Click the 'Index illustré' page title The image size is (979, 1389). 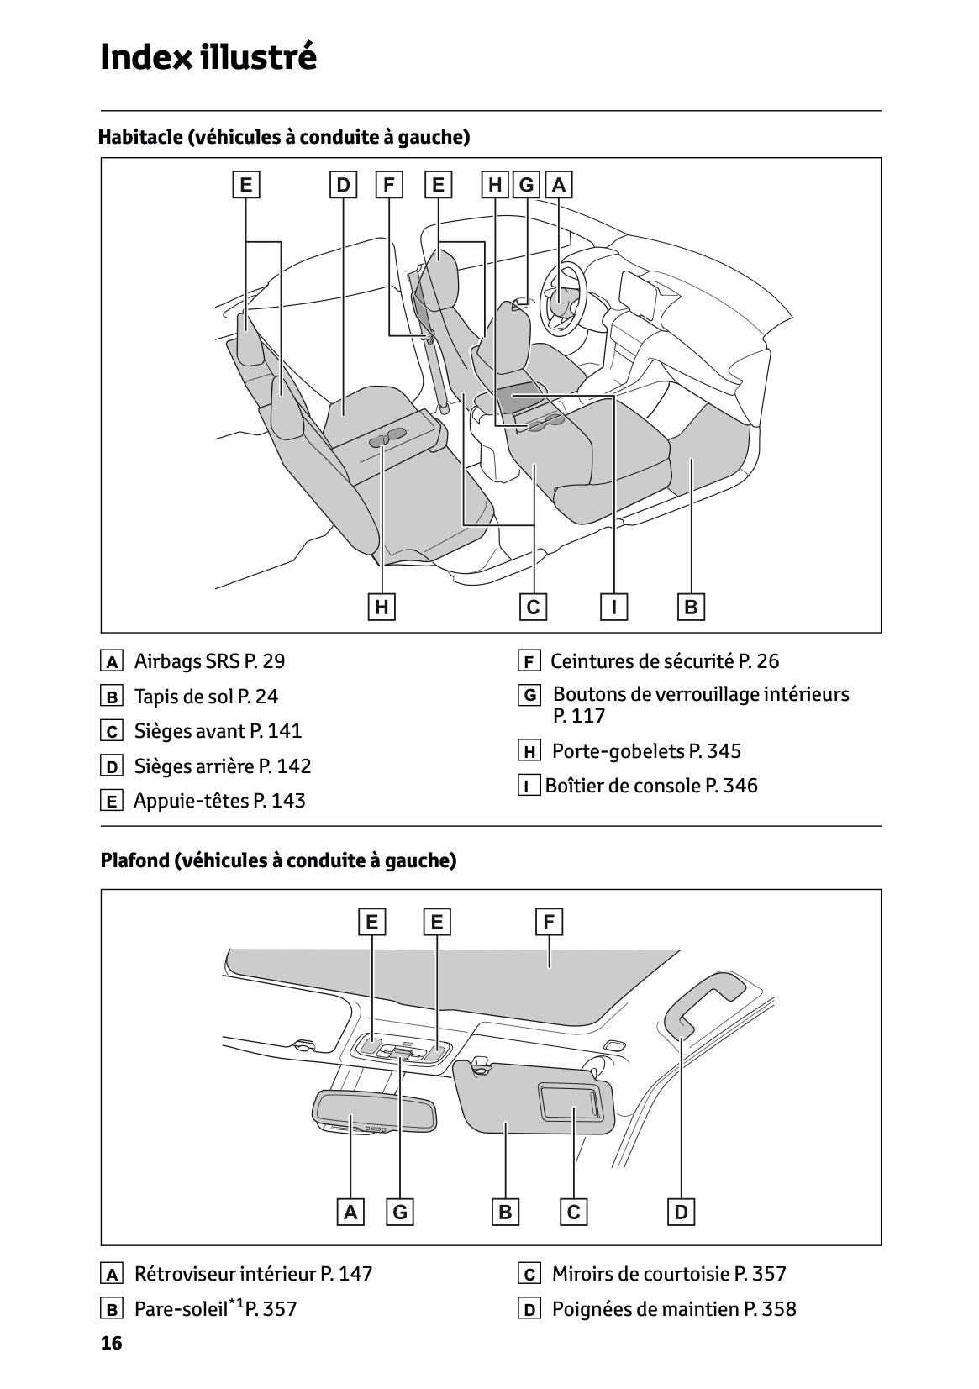[x=208, y=57]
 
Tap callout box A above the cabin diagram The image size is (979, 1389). [x=558, y=185]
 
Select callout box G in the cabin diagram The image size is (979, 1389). [x=527, y=185]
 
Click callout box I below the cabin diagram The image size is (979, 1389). [x=614, y=607]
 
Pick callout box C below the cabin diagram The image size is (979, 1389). [x=533, y=607]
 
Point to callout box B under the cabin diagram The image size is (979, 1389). [x=691, y=607]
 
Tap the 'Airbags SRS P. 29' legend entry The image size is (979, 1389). [x=208, y=661]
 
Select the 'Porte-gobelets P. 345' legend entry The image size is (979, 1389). [x=645, y=751]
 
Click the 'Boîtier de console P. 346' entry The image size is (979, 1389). [x=650, y=786]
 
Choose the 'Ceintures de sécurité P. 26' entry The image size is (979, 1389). [x=664, y=661]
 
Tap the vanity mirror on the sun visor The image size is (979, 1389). [x=571, y=1101]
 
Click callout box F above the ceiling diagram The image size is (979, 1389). [x=549, y=923]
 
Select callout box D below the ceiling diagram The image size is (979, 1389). [x=681, y=1212]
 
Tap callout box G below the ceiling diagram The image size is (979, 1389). [x=400, y=1212]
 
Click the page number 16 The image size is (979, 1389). [x=111, y=1343]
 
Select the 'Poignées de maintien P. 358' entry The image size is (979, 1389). [x=673, y=1308]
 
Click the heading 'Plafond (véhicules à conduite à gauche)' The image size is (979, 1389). [x=278, y=860]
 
